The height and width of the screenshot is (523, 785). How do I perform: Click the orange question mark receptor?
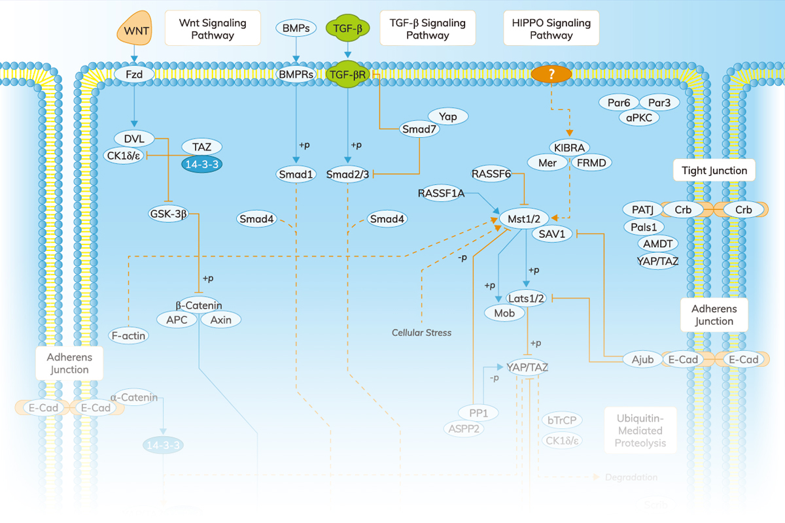pyautogui.click(x=551, y=75)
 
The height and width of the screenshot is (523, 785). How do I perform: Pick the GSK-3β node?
pyautogui.click(x=168, y=212)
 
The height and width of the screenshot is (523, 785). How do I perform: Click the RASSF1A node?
pyautogui.click(x=442, y=194)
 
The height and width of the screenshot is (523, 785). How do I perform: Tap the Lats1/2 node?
pyautogui.click(x=527, y=298)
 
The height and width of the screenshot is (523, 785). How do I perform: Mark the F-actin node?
pyautogui.click(x=128, y=336)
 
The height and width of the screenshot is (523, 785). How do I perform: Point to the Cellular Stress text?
pyautogui.click(x=421, y=333)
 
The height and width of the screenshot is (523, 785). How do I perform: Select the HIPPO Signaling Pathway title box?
pyautogui.click(x=551, y=29)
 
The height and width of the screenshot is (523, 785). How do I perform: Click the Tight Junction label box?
pyautogui.click(x=714, y=171)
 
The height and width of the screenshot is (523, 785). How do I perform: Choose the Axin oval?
pyautogui.click(x=220, y=320)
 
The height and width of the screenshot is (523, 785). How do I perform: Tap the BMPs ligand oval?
pyautogui.click(x=296, y=28)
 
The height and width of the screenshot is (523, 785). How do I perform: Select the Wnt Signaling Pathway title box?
pyautogui.click(x=213, y=29)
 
